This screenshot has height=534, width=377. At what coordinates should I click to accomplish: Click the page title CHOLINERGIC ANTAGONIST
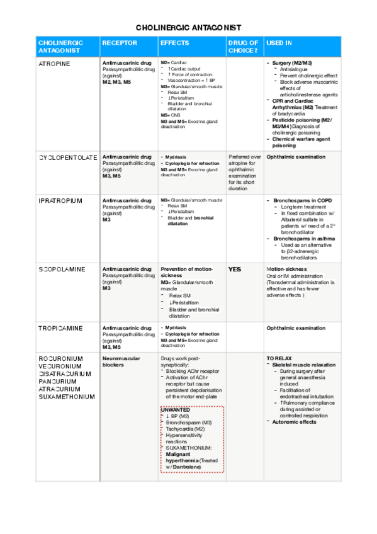pyautogui.click(x=188, y=28)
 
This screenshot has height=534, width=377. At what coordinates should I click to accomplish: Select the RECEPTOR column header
pyautogui.click(x=116, y=43)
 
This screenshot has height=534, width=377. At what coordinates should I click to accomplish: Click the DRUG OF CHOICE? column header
pyautogui.click(x=243, y=46)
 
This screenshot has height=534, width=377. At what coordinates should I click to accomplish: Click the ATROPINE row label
pyautogui.click(x=54, y=64)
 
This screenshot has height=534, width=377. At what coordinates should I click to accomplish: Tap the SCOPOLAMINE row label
pyautogui.click(x=62, y=269)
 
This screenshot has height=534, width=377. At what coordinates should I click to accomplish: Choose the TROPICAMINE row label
pyautogui.click(x=61, y=328)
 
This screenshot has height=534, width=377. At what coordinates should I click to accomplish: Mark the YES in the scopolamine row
pyautogui.click(x=234, y=269)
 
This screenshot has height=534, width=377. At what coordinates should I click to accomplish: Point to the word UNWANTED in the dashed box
pyautogui.click(x=176, y=410)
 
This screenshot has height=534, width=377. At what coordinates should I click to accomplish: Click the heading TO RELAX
pyautogui.click(x=279, y=358)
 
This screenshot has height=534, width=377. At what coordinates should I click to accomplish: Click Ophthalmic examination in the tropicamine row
pyautogui.click(x=296, y=328)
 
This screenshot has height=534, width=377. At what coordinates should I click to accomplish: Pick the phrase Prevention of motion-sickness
pyautogui.click(x=187, y=272)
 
